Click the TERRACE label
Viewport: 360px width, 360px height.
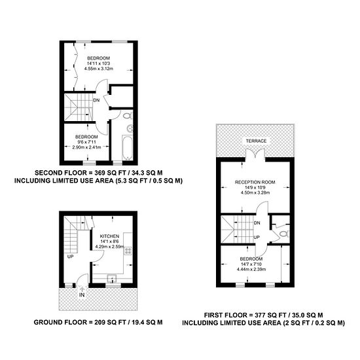point(256,141)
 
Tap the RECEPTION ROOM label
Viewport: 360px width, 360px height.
point(255,182)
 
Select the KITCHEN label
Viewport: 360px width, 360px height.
point(109,236)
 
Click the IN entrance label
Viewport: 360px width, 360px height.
point(82,295)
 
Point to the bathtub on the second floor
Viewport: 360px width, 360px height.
point(127,147)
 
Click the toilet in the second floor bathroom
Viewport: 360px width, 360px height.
point(128,116)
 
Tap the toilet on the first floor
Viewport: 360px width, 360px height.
point(284,234)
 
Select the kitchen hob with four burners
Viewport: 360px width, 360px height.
point(128,251)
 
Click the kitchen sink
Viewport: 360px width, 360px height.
point(112,278)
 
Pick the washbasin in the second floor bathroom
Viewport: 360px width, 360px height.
point(130,128)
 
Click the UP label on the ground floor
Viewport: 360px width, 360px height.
point(70,257)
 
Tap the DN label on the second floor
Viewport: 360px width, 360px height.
point(96,100)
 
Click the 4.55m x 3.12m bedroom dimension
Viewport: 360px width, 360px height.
point(99,69)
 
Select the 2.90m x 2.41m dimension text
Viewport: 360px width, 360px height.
point(86,147)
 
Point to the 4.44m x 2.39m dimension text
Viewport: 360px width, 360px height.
point(251,269)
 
